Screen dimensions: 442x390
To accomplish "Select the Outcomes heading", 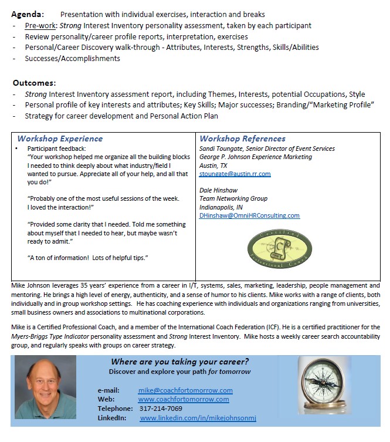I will click(35, 83).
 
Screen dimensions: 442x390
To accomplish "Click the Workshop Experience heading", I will click(60, 139).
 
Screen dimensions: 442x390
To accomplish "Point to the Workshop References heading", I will click(242, 139).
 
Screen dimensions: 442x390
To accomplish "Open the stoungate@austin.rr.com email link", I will click(235, 174).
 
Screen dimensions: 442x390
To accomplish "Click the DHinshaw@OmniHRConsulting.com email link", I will click(249, 215).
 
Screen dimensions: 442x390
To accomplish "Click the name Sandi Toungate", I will click(221, 149).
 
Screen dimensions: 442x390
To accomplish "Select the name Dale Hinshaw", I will click(219, 191).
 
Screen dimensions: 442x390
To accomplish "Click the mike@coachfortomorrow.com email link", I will click(185, 390).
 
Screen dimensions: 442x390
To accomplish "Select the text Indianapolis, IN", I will click(220, 207).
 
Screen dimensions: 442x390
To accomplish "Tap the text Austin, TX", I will click(213, 166).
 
